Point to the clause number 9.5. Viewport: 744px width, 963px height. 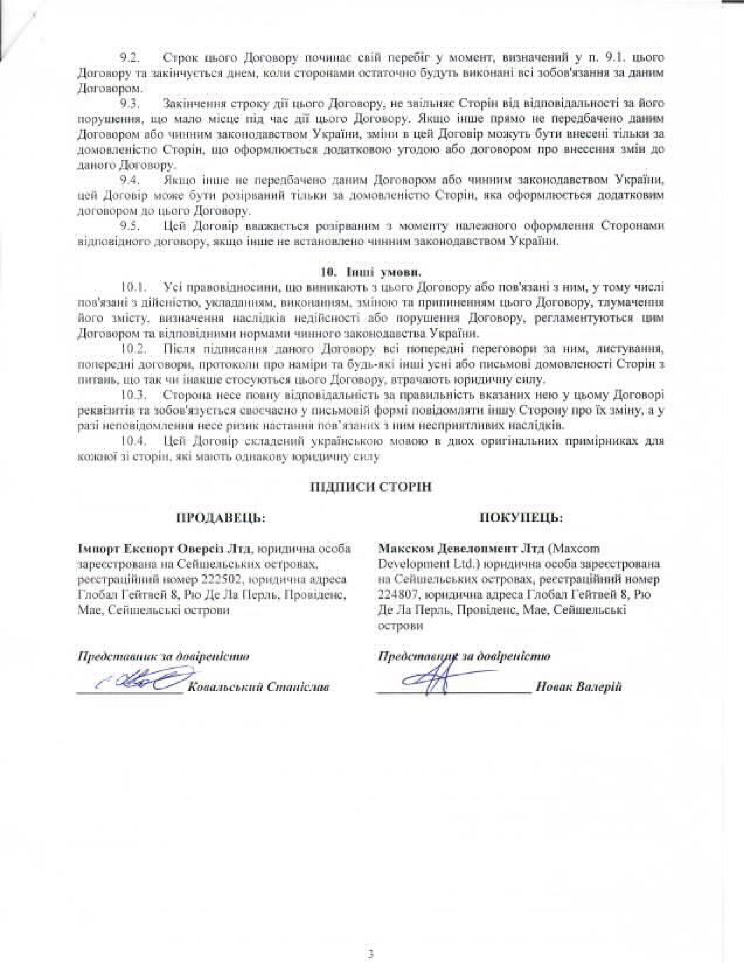click(130, 226)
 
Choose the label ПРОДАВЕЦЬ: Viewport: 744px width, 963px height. click(221, 518)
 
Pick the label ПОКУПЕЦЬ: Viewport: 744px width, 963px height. click(521, 518)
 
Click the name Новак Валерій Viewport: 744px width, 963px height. click(578, 687)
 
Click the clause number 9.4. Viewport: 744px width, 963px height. click(130, 180)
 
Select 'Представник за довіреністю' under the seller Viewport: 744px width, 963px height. click(163, 657)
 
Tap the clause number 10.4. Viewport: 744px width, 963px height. click(133, 441)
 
